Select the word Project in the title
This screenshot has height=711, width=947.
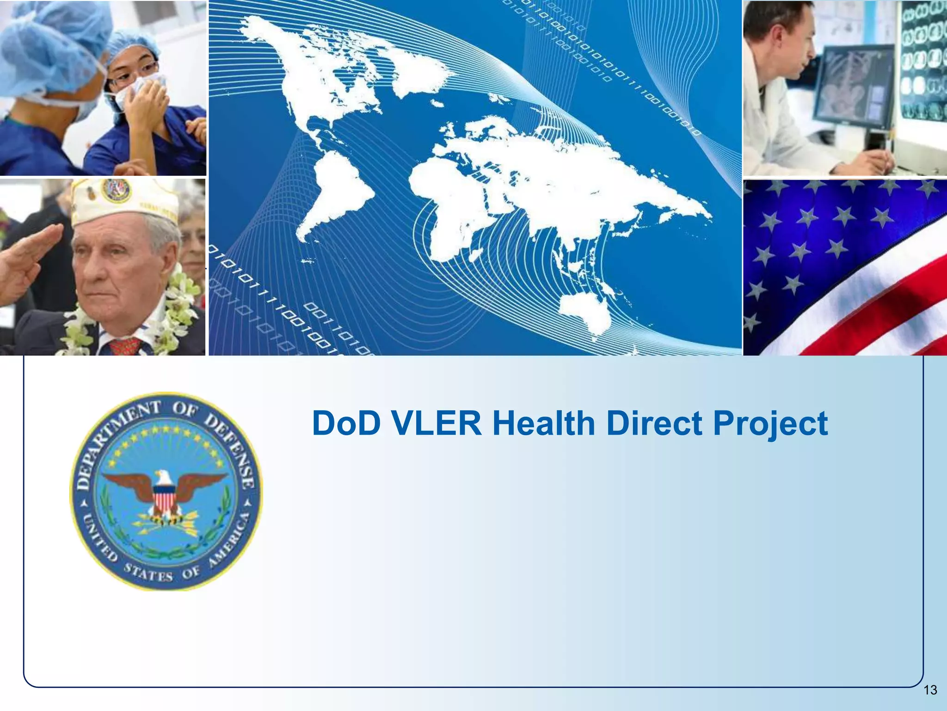pos(770,424)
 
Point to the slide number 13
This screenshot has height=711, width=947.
pos(930,690)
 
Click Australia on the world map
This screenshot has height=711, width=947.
pos(584,310)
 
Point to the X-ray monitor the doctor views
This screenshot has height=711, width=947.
pos(853,88)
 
